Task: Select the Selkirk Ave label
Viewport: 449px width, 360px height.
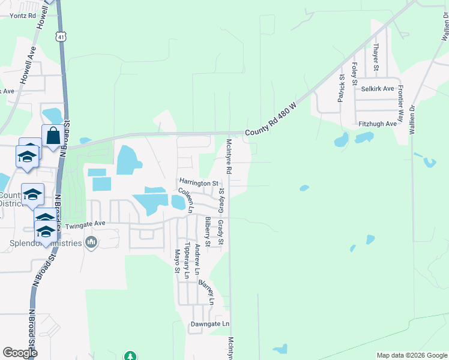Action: point(378,89)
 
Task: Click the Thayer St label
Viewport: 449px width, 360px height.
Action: point(375,56)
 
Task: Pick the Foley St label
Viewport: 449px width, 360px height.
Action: point(355,74)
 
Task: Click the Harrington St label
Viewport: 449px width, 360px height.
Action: point(197,182)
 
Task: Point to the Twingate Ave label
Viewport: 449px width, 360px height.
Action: point(85,225)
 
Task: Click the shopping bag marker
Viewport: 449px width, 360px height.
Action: point(52,136)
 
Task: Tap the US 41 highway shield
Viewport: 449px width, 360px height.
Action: point(61,37)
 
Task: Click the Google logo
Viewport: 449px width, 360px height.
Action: point(20,353)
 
